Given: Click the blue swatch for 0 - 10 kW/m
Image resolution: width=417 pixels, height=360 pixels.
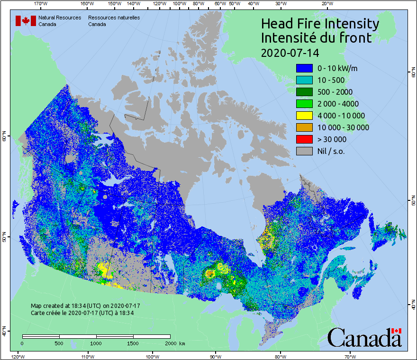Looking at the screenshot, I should click(304, 68).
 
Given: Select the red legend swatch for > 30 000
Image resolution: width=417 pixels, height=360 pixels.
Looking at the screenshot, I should click(304, 139).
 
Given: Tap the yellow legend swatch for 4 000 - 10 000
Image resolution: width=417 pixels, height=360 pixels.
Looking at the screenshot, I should click(304, 116).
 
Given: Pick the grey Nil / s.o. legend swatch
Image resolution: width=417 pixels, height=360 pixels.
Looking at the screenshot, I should click(304, 151).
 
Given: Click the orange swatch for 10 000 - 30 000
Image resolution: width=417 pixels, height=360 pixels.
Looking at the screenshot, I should click(304, 127).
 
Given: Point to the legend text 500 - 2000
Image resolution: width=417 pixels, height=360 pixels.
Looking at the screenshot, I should click(335, 92).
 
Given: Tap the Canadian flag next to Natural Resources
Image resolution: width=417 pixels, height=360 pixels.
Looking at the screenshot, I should click(26, 20).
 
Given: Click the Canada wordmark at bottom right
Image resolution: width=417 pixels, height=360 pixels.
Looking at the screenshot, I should click(364, 338).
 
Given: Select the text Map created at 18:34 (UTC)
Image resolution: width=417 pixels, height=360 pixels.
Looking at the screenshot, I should click(85, 306).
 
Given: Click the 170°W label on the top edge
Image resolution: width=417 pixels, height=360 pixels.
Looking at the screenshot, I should click(41, 4).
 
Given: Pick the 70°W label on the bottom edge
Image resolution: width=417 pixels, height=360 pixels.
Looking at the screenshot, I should click(350, 356).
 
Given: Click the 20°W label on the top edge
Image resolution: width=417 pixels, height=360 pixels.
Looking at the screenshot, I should click(326, 4).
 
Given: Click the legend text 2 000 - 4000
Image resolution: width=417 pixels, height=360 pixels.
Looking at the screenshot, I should click(338, 104).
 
